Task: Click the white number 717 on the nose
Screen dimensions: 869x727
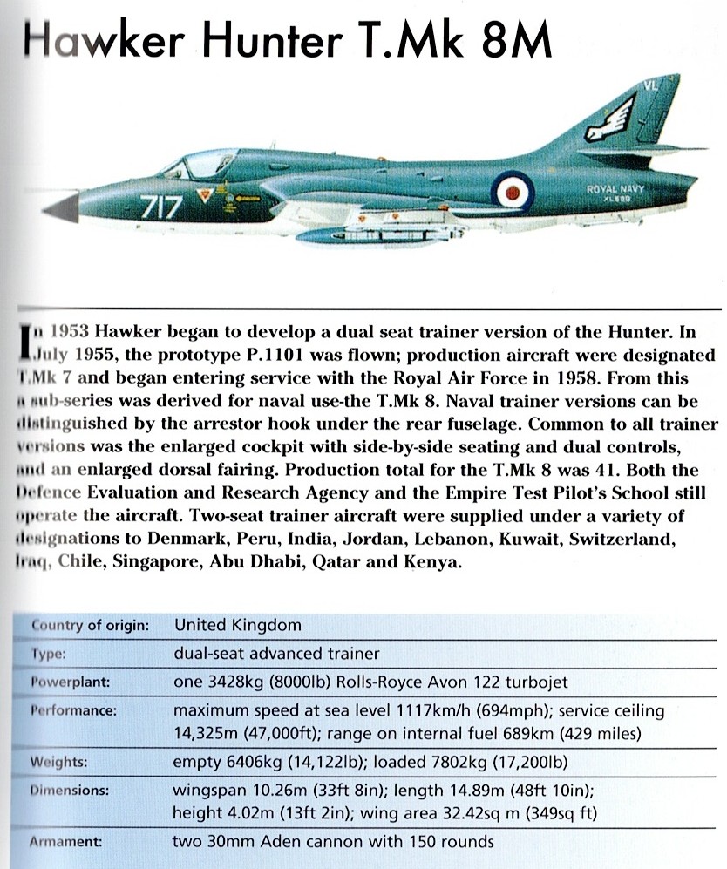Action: point(161,208)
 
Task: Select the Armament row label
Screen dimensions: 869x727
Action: point(69,842)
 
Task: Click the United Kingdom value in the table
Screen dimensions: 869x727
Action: point(238,625)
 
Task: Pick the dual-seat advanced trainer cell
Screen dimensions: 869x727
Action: point(277,653)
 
